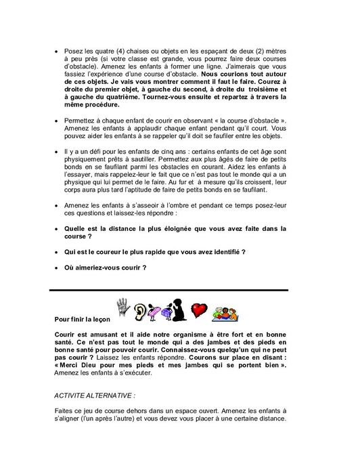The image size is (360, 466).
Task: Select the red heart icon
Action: point(199,309)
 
